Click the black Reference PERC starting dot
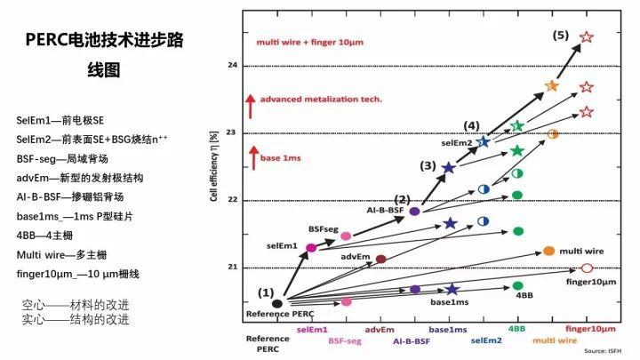coord(276,303)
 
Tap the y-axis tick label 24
coord(233,66)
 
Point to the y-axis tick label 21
coord(233,268)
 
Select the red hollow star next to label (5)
coord(586,37)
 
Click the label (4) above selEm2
coord(471,125)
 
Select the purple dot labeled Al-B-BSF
coord(414,212)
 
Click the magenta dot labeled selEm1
coord(311,248)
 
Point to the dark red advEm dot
coord(381,259)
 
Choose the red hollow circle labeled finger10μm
coord(586,268)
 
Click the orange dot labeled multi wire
coord(548,252)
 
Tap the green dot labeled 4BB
coord(517,286)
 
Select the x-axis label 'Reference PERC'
coord(268,343)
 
